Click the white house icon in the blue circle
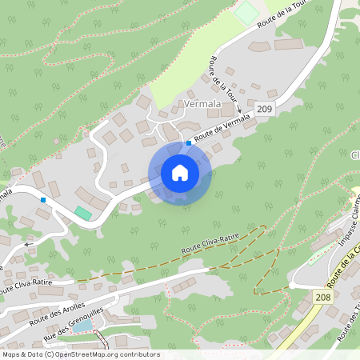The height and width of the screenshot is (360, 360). click(x=180, y=173)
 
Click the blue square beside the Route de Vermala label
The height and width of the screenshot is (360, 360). click(x=189, y=143)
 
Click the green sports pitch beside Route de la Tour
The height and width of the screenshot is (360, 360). click(x=248, y=14)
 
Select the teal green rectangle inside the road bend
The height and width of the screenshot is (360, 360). click(x=83, y=213)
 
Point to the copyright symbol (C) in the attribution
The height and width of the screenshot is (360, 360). click(x=49, y=354)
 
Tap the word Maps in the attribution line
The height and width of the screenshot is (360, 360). click(x=11, y=354)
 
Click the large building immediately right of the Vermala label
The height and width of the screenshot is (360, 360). click(x=229, y=107)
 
